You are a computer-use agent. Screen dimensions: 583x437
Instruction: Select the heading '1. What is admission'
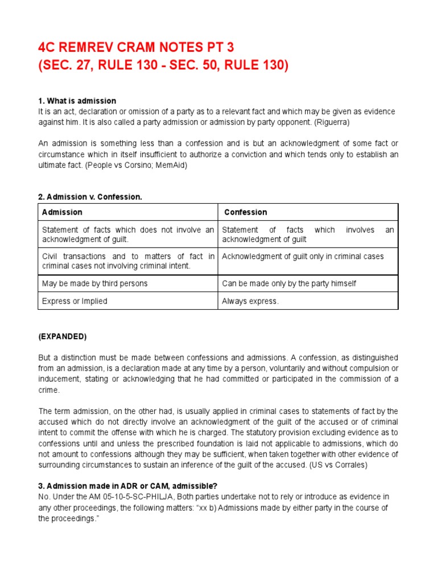[x=77, y=101]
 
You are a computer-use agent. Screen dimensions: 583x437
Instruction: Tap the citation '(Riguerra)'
[x=333, y=121]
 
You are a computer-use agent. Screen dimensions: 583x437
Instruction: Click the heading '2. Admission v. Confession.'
[x=90, y=196]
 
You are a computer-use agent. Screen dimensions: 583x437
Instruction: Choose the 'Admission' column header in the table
[x=62, y=212]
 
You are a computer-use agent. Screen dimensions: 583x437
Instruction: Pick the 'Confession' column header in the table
[x=245, y=212]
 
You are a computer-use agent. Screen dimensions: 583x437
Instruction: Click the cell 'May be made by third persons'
[x=94, y=283]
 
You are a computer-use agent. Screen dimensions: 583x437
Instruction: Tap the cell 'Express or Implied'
[x=75, y=301]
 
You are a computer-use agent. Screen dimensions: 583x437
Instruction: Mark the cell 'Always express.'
[x=250, y=301]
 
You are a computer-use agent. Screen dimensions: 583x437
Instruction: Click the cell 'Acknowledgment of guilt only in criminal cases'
[x=303, y=256]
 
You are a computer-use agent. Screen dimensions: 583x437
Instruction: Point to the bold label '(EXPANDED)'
[x=62, y=336]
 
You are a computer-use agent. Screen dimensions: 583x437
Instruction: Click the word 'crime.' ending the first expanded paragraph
[x=49, y=390]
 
